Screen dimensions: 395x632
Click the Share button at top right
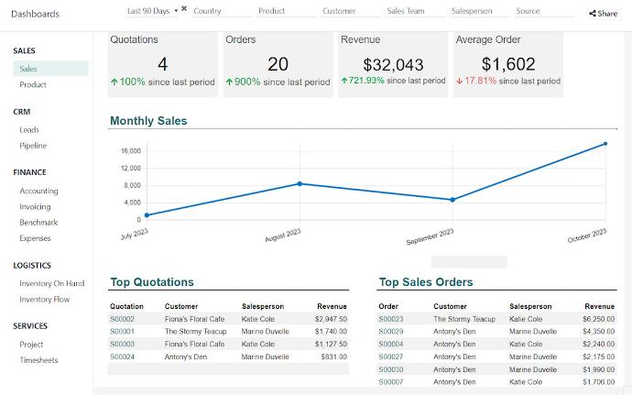(603, 14)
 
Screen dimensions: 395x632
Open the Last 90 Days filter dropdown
(152, 11)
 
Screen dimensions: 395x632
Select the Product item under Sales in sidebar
(33, 84)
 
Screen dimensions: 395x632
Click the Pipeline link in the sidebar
(33, 146)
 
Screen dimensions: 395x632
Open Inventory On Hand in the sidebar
(51, 283)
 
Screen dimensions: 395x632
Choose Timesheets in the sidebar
(38, 360)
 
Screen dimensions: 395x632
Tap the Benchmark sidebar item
(38, 223)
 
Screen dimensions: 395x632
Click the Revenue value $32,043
(393, 64)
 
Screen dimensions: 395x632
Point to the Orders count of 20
(278, 64)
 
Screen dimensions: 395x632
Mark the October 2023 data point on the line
(605, 144)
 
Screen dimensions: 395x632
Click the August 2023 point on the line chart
(300, 183)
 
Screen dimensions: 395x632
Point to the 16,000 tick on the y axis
(130, 151)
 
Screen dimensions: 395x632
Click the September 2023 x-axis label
(430, 237)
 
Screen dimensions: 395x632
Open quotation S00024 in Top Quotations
(122, 357)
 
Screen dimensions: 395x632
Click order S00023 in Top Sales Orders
(391, 319)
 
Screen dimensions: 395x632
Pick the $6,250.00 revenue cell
(598, 319)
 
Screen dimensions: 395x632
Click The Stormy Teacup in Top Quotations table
(195, 331)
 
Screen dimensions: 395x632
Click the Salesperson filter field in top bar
(473, 11)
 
